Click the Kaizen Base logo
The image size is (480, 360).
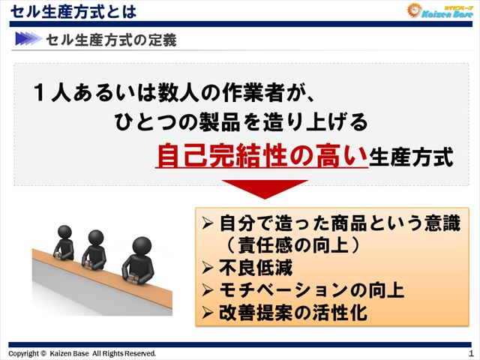tap(439, 10)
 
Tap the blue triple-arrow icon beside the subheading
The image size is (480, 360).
tap(27, 39)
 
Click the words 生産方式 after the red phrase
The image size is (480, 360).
tap(412, 158)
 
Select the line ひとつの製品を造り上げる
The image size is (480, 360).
tap(241, 122)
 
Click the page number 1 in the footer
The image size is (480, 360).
tap(470, 352)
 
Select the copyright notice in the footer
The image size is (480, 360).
tap(82, 353)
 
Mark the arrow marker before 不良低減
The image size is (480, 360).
tap(209, 267)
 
